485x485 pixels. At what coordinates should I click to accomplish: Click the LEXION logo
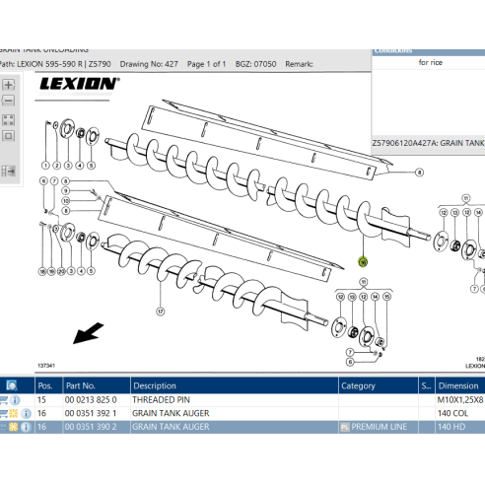coord(79,84)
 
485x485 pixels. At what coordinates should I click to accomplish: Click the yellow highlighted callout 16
coord(362,262)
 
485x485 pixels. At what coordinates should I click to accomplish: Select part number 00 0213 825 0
coord(91,400)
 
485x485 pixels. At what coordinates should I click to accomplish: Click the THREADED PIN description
coord(163,400)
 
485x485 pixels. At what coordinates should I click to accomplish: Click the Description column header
coord(155,385)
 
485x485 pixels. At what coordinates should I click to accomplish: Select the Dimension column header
coord(457,385)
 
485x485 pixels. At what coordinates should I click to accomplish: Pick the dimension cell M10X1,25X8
coord(459,400)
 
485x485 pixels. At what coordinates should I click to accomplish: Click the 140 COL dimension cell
coord(454,414)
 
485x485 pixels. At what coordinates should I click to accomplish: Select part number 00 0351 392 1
coord(91,414)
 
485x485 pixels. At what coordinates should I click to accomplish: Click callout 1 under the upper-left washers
coord(45,164)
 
